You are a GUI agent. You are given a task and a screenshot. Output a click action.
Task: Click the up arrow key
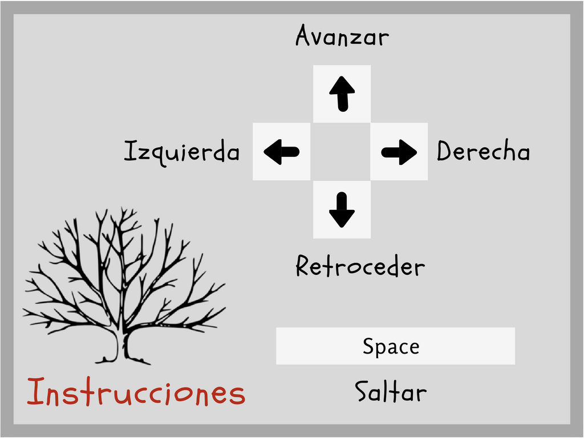point(342,94)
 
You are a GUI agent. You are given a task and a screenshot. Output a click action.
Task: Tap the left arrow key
point(281,152)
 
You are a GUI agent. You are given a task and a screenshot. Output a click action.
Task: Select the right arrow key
point(399,152)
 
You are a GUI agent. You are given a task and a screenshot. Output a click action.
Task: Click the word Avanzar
point(342,37)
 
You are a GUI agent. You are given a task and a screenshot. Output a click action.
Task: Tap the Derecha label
point(483,152)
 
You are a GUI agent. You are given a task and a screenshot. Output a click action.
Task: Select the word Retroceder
point(360,266)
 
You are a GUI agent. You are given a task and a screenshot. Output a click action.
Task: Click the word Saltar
point(390,392)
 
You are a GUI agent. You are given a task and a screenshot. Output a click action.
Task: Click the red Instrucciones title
point(136,392)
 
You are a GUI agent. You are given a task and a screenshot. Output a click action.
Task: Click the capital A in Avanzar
point(304,36)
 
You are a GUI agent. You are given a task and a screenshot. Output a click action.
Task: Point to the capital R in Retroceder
point(303,266)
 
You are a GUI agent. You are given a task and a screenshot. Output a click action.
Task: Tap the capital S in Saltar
point(362,392)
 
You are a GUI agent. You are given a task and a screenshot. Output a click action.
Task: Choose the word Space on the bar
point(391,346)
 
